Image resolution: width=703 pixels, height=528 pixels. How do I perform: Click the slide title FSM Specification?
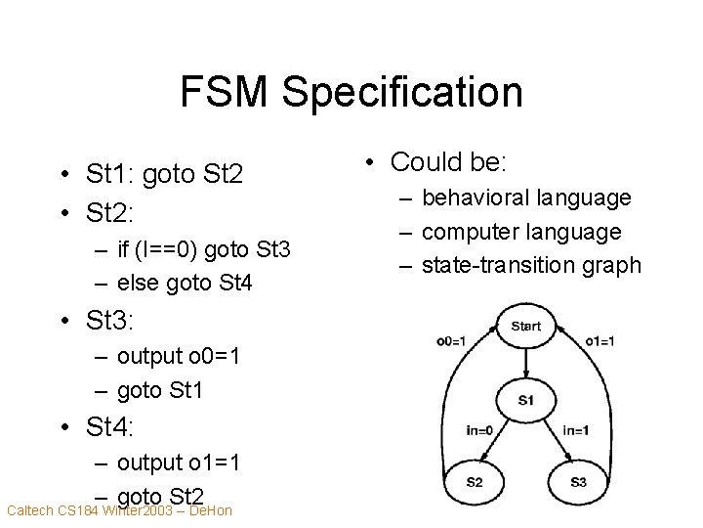pyautogui.click(x=351, y=93)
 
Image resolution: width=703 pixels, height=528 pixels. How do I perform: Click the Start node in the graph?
pyautogui.click(x=525, y=326)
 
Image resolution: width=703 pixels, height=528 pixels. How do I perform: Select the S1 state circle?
pyautogui.click(x=525, y=400)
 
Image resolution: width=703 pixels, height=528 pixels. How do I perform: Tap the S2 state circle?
pyautogui.click(x=473, y=482)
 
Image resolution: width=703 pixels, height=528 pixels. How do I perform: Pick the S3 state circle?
pyautogui.click(x=577, y=482)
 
